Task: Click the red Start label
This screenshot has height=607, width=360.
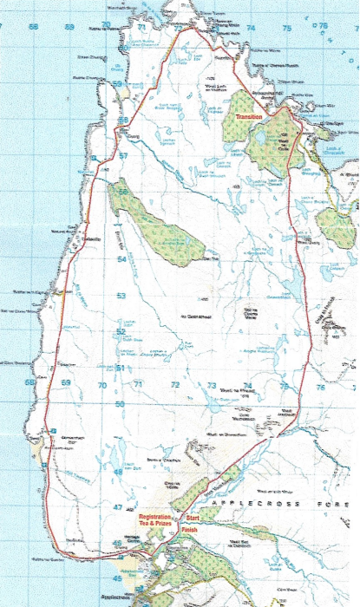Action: click(193, 518)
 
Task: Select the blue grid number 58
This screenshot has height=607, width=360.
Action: click(123, 120)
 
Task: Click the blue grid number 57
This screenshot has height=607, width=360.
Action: click(123, 156)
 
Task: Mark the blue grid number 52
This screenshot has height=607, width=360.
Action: click(121, 332)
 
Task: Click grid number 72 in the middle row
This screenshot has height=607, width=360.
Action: click(175, 384)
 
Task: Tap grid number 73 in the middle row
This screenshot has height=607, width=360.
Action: click(212, 384)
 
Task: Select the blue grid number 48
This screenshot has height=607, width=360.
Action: click(118, 472)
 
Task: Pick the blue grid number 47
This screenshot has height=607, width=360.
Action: click(118, 507)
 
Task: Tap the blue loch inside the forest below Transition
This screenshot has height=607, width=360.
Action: click(260, 137)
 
